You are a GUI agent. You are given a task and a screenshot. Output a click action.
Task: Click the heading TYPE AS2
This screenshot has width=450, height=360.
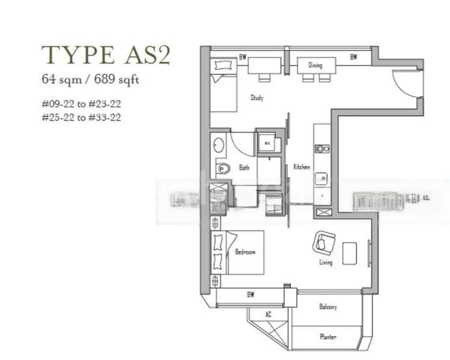point(106,55)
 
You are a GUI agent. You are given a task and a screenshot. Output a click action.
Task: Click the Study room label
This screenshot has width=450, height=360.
point(257,97)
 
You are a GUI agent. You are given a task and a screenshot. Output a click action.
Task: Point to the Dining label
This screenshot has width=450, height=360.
point(316,65)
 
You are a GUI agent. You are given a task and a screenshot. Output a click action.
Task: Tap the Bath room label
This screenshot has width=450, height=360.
point(244,168)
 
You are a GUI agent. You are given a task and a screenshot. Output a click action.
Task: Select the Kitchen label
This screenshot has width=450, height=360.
point(301,167)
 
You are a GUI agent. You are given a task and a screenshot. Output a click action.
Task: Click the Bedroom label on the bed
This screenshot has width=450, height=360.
point(245,252)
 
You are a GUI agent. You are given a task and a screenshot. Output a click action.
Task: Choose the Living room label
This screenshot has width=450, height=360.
point(326,263)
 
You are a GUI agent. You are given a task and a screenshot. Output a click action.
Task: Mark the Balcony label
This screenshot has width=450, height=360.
point(328,307)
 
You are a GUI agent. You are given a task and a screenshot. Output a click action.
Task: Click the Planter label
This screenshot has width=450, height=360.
point(328,337)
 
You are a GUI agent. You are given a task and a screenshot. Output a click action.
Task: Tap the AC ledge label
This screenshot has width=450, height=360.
point(268,314)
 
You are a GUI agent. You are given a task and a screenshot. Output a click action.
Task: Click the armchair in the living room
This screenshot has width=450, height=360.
point(324,243)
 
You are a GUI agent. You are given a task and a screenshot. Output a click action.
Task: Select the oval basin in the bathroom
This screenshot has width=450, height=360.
point(218,145)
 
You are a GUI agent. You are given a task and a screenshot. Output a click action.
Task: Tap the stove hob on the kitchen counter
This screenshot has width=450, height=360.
point(322,149)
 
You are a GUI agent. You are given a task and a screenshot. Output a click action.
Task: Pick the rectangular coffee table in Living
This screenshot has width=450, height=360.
point(350,253)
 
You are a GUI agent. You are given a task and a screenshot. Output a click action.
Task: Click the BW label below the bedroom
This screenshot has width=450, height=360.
point(249,295)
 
